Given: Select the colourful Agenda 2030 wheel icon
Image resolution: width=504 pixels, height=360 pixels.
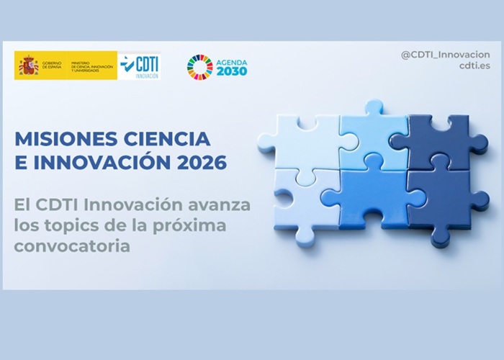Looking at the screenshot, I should coord(199,66).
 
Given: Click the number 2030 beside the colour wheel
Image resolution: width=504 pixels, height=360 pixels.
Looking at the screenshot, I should coord(232,71).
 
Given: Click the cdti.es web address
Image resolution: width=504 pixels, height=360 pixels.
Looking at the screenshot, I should coord(474,68).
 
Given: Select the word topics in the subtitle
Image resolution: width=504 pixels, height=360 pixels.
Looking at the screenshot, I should coord(67,225).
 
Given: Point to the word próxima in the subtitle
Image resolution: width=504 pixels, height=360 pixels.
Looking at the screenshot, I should coord(194,225).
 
